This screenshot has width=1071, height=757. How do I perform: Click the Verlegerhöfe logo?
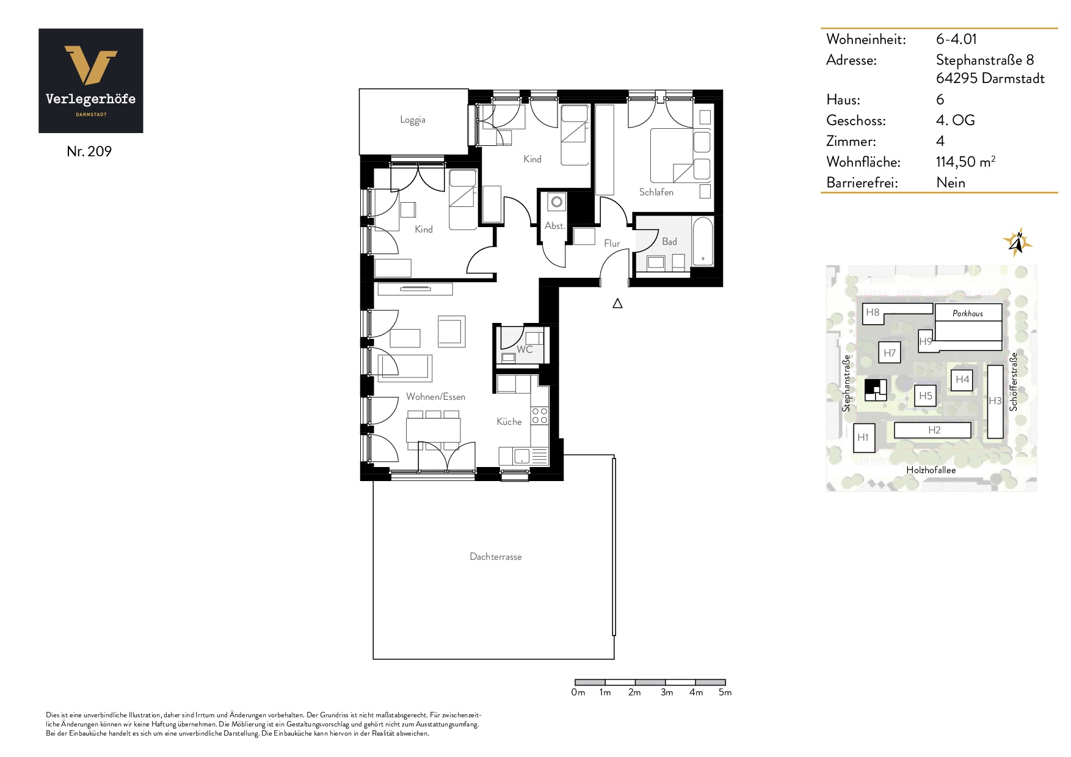point(91,81)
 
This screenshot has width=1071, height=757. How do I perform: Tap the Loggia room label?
point(413,120)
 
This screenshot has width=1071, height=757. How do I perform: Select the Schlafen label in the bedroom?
point(656,192)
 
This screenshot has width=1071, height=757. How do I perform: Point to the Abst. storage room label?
point(554,226)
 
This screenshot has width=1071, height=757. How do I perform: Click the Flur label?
point(612,244)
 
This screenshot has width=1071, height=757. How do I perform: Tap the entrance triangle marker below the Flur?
point(617,303)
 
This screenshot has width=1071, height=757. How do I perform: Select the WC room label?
point(525,350)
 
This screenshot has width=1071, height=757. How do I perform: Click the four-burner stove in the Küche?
point(540,416)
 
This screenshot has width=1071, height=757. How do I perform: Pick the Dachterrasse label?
point(496,557)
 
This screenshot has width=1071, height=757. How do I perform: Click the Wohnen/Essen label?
point(435,397)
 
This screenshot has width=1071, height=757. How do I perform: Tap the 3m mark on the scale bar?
point(666,692)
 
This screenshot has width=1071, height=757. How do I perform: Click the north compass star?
point(1017,242)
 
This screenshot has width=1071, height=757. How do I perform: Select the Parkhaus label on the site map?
point(968,313)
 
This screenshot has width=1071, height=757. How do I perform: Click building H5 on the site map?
point(926,396)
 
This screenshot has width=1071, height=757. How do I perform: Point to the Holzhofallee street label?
point(931,470)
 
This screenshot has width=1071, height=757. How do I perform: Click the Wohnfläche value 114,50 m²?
point(966,162)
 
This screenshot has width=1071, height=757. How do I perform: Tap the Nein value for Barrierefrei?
point(951,183)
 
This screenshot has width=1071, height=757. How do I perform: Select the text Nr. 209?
point(89,151)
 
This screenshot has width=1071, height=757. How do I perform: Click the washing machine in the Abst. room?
point(556,201)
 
